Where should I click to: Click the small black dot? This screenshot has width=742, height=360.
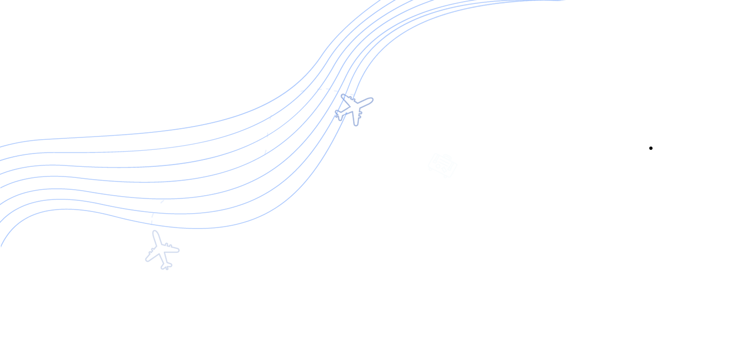pos(651,148)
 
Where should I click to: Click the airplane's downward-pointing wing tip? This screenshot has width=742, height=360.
pos(357,125)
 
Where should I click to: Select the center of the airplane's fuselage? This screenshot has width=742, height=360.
pos(354,108)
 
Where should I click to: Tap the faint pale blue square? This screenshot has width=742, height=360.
pos(442,165)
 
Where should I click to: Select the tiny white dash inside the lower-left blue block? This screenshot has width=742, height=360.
pos(58,207)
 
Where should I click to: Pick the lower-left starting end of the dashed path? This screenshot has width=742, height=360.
pos(156,209)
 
